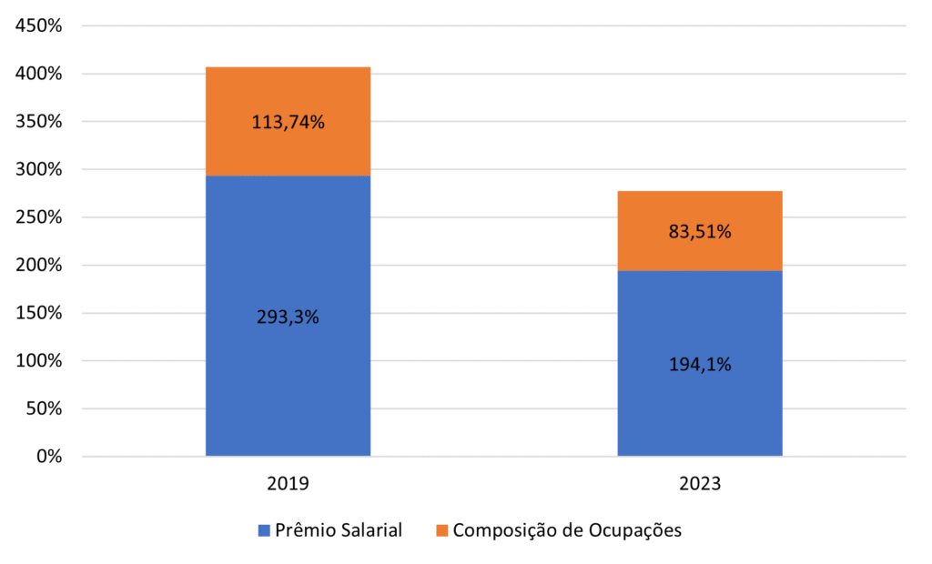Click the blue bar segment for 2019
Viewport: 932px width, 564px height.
(288, 382)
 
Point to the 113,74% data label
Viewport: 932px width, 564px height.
(288, 123)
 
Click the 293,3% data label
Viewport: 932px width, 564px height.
(288, 317)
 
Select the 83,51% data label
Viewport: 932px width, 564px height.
(699, 232)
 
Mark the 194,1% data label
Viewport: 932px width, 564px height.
(699, 365)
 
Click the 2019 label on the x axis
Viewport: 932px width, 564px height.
(288, 484)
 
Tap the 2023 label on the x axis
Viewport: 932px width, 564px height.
(699, 484)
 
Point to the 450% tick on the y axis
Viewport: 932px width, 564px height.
(39, 26)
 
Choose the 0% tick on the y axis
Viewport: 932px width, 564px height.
(46, 457)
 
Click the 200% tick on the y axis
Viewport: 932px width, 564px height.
(39, 266)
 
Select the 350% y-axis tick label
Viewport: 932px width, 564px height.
(39, 122)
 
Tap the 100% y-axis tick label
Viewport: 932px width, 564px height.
(39, 361)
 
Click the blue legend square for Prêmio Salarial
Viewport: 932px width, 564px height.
(265, 530)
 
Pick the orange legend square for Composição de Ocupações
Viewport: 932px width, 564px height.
(441, 530)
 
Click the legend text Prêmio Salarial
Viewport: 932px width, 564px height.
(339, 530)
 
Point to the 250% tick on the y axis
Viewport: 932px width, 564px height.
(39, 217)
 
